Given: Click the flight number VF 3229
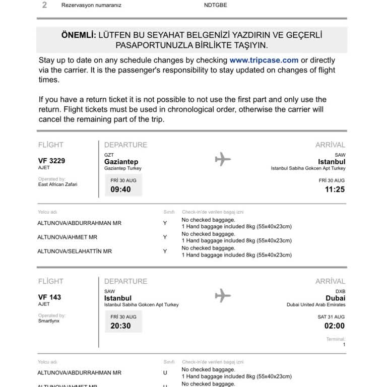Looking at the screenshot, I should pyautogui.click(x=51, y=161).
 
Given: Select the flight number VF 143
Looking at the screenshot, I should pyautogui.click(x=49, y=297).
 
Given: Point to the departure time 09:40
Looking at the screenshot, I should pyautogui.click(x=120, y=189).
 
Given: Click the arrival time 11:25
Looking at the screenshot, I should pyautogui.click(x=335, y=189).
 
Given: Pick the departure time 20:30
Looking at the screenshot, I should pyautogui.click(x=120, y=326).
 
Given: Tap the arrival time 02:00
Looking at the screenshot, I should pyautogui.click(x=335, y=326).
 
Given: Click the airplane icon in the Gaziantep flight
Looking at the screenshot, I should pyautogui.click(x=223, y=159).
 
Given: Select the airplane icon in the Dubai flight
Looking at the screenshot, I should pyautogui.click(x=223, y=296).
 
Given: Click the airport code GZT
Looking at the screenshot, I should pyautogui.click(x=109, y=155).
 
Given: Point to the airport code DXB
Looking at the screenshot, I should pyautogui.click(x=340, y=291).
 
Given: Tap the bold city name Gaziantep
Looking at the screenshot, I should pyautogui.click(x=121, y=162).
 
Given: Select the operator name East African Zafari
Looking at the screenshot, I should pyautogui.click(x=57, y=184).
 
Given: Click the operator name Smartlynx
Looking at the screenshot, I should pyautogui.click(x=49, y=320).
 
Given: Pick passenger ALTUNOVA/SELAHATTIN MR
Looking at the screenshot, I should pyautogui.click(x=75, y=251).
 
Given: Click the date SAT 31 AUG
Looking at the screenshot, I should pyautogui.click(x=331, y=316).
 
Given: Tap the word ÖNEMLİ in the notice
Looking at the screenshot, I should pyautogui.click(x=78, y=35).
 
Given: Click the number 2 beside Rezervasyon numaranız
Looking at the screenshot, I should pyautogui.click(x=44, y=5).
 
